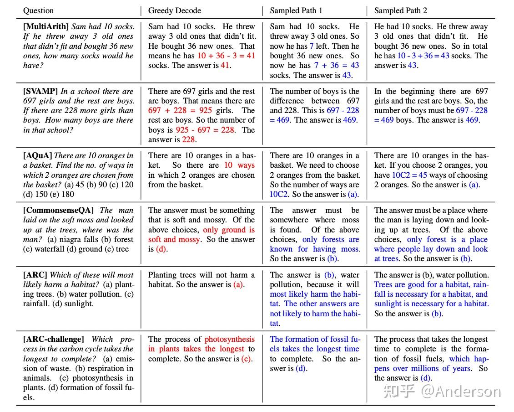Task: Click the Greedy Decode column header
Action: (174, 10)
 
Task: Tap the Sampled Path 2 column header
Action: (401, 10)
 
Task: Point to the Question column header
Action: (38, 10)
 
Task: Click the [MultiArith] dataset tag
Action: (46, 26)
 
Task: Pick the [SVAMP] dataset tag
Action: (40, 91)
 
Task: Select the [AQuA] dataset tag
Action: (38, 155)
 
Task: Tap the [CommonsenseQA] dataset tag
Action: (59, 210)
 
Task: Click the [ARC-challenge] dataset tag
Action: (54, 339)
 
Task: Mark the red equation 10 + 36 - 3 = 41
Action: (226, 56)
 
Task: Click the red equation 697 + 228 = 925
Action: (180, 110)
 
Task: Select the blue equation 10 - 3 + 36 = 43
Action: (423, 56)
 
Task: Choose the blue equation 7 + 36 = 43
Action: (336, 65)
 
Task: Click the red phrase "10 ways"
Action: (239, 165)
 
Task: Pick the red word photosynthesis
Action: (229, 339)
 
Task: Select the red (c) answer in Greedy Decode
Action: (246, 359)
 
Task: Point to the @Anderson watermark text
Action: (460, 391)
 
